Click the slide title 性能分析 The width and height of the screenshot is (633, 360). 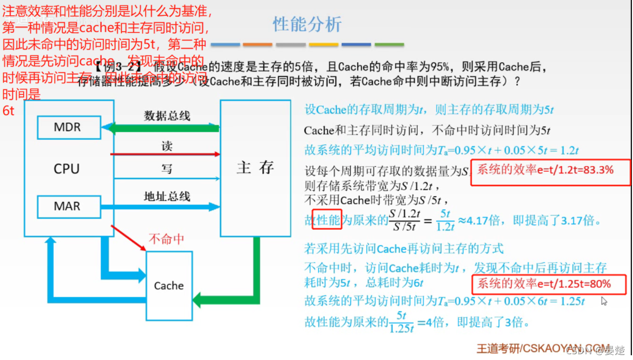(307, 24)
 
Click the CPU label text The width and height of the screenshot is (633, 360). (67, 169)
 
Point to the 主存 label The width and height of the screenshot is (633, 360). (255, 168)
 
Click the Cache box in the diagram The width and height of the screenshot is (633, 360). (169, 285)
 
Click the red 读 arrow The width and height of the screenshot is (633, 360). (165, 154)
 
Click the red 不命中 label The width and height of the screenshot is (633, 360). (167, 239)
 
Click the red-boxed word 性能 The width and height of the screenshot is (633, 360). (327, 220)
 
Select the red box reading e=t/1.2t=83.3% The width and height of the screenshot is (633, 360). (550, 172)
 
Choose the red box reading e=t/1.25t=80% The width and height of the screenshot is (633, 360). (549, 285)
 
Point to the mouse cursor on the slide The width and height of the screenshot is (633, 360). (603, 301)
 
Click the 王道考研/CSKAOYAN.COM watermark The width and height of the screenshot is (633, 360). (543, 348)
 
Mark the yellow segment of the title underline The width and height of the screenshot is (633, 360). (323, 45)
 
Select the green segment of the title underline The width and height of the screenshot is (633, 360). (389, 45)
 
